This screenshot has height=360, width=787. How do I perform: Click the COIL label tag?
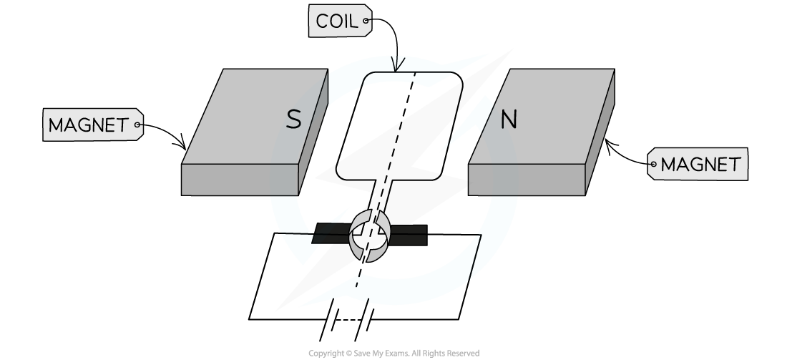pos(341,21)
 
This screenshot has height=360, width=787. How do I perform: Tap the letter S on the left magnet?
pos(293,120)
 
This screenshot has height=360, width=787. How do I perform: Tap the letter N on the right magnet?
pos(509,120)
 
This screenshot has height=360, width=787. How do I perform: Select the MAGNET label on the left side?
pos(93,125)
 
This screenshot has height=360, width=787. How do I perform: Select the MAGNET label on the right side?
pos(698,164)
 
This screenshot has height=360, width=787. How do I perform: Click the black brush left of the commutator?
pos(331,233)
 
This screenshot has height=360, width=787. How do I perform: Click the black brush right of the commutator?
pos(408,235)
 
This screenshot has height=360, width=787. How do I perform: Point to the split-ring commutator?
pos(370,235)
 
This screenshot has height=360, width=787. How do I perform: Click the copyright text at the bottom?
pos(394,354)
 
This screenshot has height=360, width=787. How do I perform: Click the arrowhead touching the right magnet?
pos(610,145)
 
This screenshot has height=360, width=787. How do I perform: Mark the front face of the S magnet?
pos(240,180)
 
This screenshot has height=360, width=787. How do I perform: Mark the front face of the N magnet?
pos(527,180)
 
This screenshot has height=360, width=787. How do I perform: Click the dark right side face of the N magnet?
pos(600,132)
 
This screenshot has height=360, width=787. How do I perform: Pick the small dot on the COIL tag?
pos(366,21)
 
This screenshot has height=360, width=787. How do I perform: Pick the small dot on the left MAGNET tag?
pos(137,125)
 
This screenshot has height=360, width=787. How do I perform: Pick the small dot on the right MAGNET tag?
pos(653,164)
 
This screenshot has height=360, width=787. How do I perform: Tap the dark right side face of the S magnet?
pos(313,132)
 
